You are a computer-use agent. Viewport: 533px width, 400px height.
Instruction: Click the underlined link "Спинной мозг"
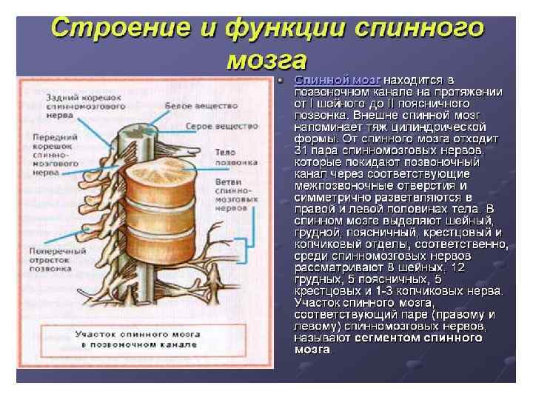338,79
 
